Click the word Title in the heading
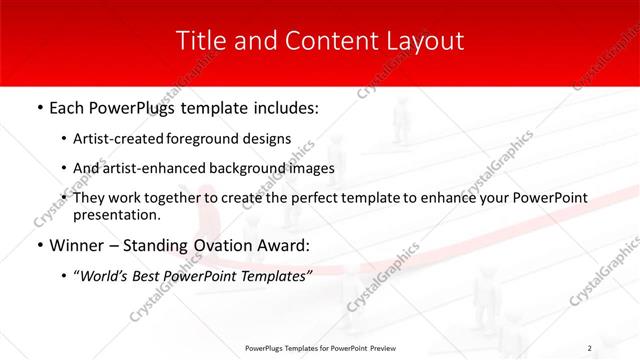click(199, 41)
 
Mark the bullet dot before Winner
click(38, 246)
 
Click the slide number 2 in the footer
click(589, 348)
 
